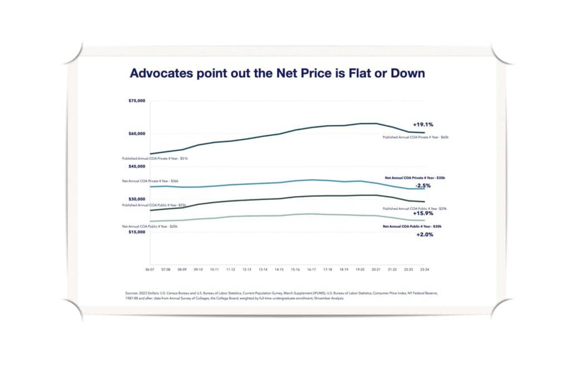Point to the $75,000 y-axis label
pos(138,101)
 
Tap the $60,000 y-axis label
pos(138,134)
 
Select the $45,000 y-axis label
pos(138,166)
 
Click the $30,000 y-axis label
pos(138,199)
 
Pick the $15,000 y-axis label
pos(138,232)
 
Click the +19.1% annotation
pos(423,125)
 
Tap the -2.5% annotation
pos(423,185)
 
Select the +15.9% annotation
pos(423,213)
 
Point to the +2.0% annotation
pos(424,235)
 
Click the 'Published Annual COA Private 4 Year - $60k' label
pos(415,136)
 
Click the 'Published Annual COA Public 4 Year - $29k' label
pos(414,208)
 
